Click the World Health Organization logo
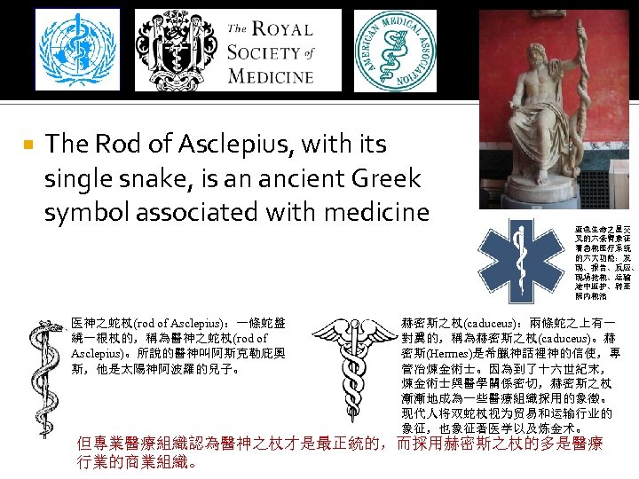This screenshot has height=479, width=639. (79, 51)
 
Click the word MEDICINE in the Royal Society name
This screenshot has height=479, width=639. (271, 75)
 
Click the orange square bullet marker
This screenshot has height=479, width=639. (28, 144)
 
